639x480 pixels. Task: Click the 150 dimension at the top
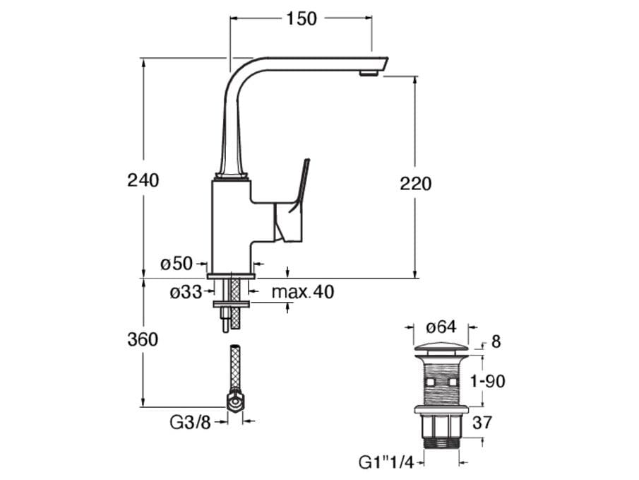[x=301, y=20]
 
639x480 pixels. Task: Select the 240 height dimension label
[x=143, y=180]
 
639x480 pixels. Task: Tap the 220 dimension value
[x=415, y=184]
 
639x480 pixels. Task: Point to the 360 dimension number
[x=143, y=339]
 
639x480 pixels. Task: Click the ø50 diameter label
[x=177, y=264]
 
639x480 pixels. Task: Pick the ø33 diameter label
[x=186, y=291]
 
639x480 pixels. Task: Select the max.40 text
[x=303, y=291]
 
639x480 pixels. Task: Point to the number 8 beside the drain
[x=496, y=342]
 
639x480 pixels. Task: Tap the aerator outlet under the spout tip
[x=367, y=72]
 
